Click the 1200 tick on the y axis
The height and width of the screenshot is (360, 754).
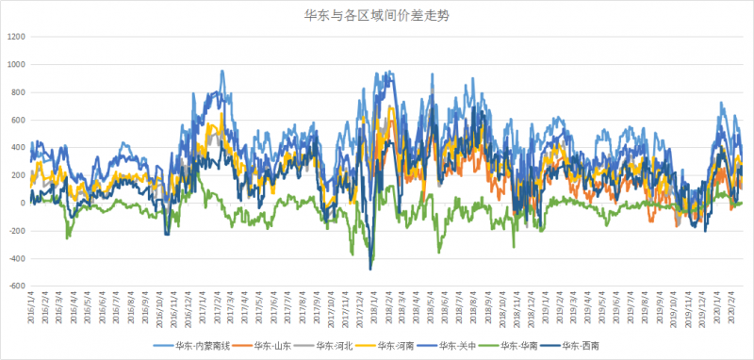point(16,37)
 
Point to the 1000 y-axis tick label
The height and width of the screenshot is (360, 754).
point(16,64)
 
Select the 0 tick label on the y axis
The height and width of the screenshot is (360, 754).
point(23,204)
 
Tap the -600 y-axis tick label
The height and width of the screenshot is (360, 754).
point(16,286)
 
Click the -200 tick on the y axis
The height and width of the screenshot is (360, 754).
point(16,231)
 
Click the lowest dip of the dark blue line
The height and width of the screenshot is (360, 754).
point(370,270)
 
